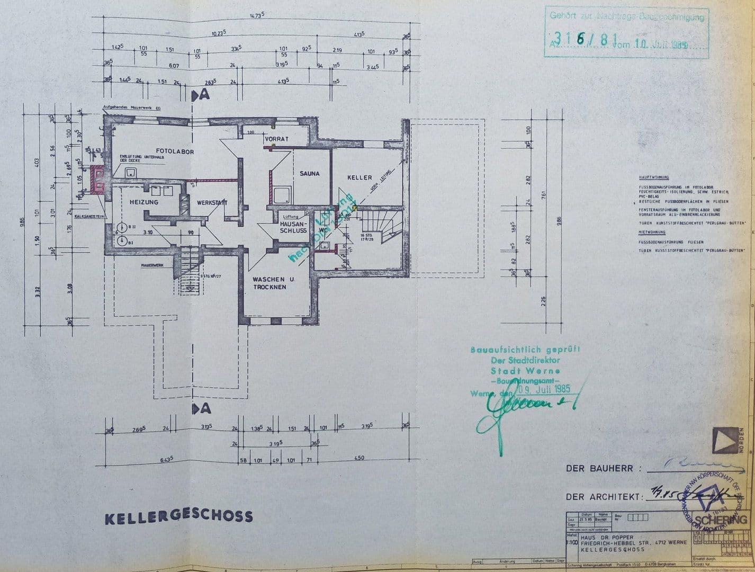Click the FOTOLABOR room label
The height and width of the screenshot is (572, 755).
tap(175, 151)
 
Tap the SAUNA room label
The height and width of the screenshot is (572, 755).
tap(309, 173)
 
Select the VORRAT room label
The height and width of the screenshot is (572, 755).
tap(276, 139)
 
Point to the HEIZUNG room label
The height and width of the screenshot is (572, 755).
tap(143, 202)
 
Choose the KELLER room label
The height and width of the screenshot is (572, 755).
tap(359, 177)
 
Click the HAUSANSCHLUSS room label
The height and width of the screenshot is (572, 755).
tap(293, 227)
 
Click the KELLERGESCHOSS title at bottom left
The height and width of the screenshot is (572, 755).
tap(178, 517)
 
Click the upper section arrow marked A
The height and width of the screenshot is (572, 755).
tap(201, 95)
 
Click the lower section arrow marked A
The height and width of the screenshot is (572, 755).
tap(201, 408)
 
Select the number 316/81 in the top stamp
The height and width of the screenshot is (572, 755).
tap(580, 39)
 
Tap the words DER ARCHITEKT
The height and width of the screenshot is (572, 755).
tap(604, 497)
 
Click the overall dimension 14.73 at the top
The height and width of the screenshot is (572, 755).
tap(257, 16)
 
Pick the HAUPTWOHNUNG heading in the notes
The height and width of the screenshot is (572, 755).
tap(654, 177)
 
